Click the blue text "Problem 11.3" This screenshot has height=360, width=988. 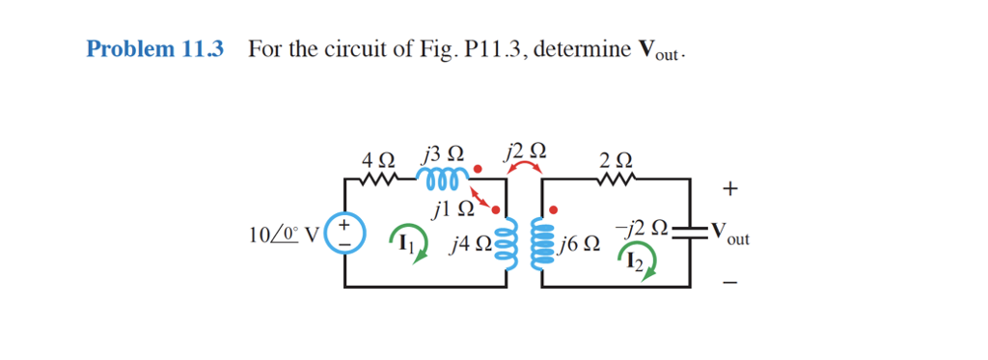154,49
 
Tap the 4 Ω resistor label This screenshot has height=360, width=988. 377,157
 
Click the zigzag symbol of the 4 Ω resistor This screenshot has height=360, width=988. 377,180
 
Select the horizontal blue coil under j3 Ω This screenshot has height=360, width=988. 443,178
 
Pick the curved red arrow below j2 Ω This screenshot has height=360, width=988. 525,169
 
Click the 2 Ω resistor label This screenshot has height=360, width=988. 617,158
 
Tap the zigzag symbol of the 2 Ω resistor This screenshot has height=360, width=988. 617,180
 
